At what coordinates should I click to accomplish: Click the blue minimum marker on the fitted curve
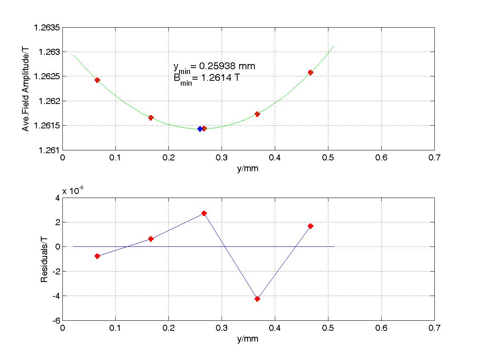coord(200,129)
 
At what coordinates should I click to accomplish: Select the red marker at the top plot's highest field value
coord(310,72)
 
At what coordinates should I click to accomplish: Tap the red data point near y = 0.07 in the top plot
coord(97,80)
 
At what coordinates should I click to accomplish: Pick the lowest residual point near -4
coord(257,299)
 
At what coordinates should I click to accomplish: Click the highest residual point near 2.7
coord(204,213)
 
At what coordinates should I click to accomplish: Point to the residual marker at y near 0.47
coord(310,226)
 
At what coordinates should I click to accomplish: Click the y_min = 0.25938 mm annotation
coord(214,66)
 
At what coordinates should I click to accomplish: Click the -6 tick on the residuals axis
coord(54,321)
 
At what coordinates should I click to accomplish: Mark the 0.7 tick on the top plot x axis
coord(434,158)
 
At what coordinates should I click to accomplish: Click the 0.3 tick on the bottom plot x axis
coord(222,328)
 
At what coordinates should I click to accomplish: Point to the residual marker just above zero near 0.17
coord(151,239)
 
